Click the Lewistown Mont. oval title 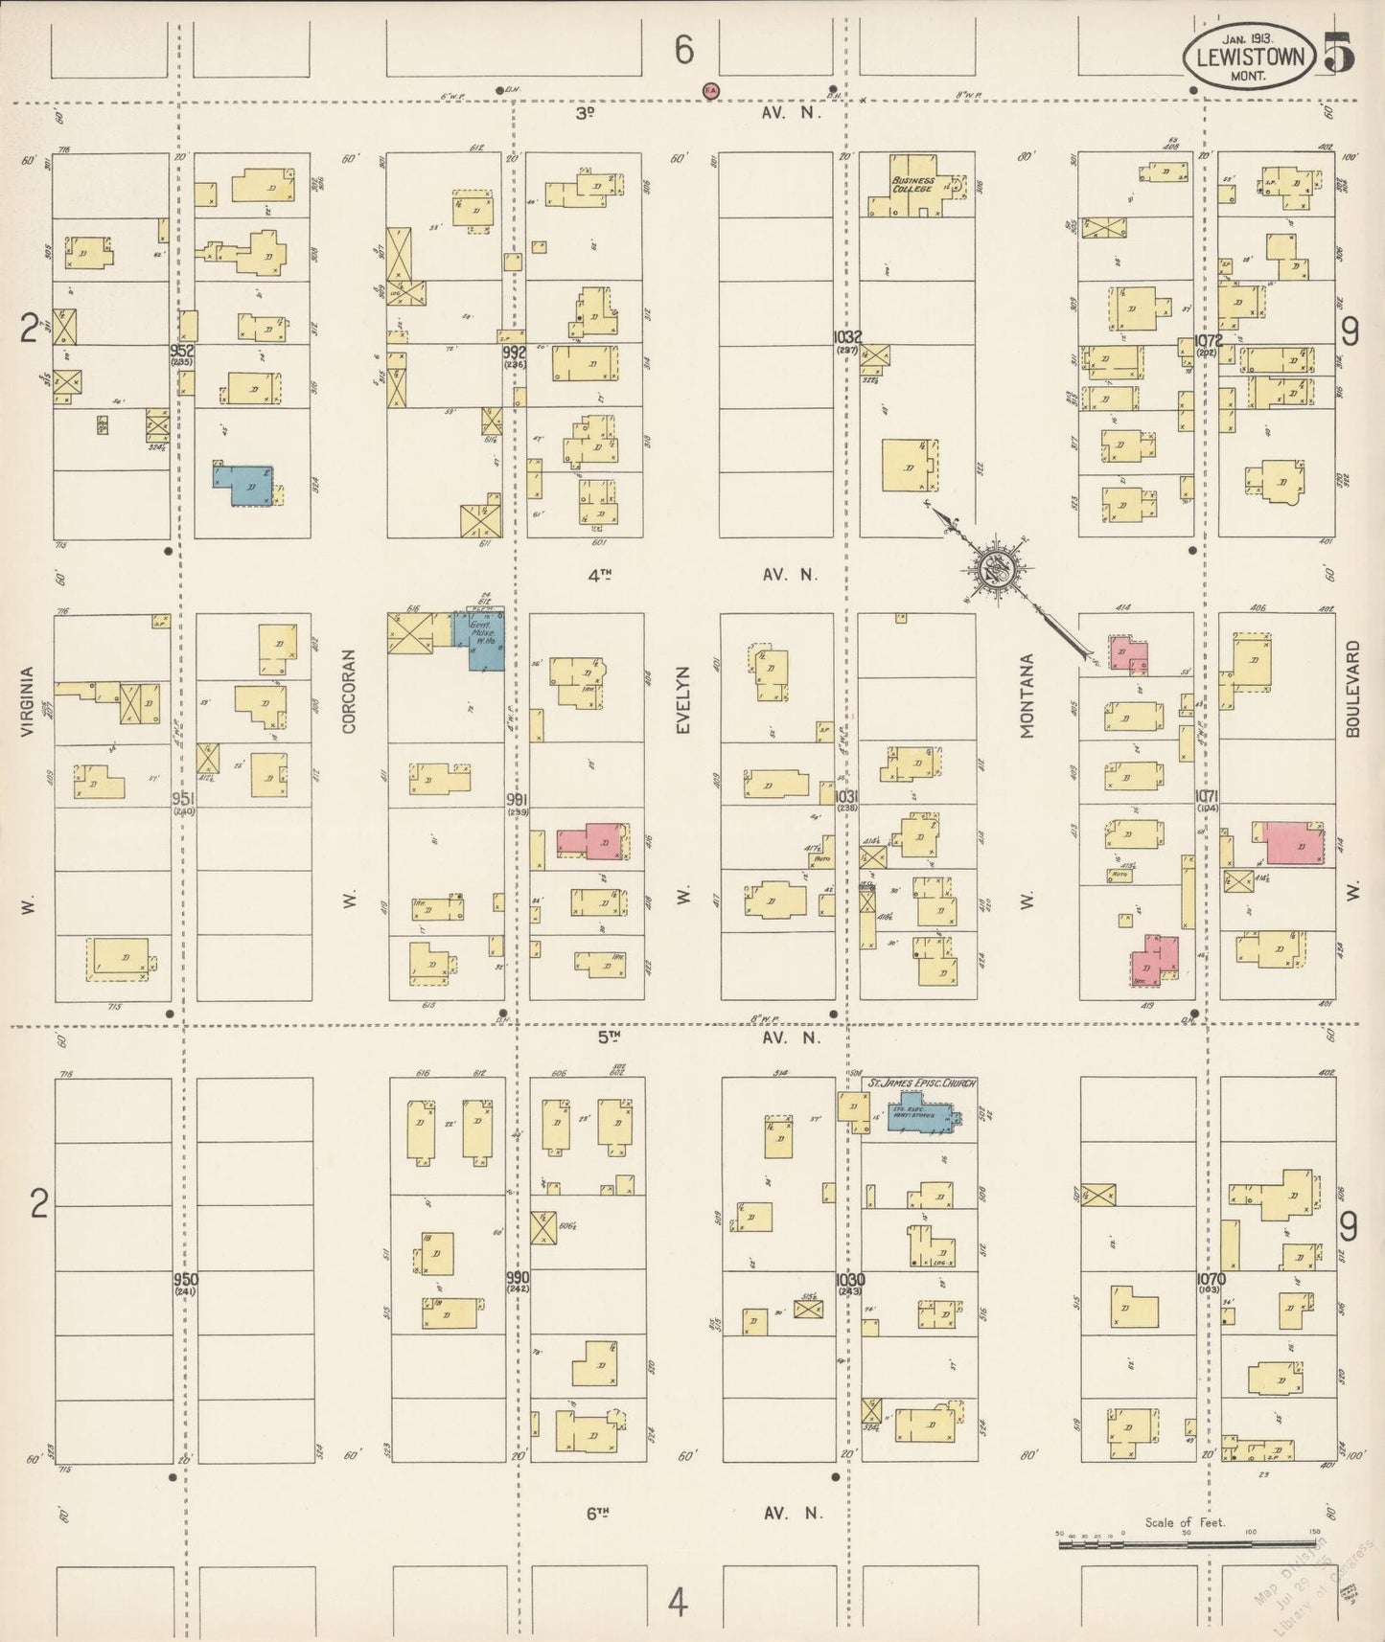[1250, 57]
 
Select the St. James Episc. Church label [921, 1083]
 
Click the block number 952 [182, 351]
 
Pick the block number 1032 [847, 337]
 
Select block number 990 [519, 1278]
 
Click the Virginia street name [27, 701]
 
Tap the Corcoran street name [349, 692]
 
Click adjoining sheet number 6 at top [682, 50]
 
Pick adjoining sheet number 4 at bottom [678, 1601]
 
